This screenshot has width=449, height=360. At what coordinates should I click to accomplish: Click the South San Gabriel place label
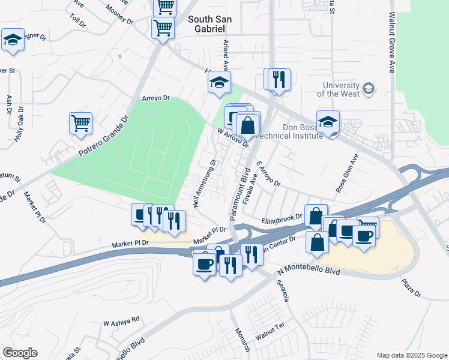point(215,25)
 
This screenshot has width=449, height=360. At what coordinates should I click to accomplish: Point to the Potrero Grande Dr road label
point(104,137)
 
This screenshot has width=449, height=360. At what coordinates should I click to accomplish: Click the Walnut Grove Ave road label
point(393,41)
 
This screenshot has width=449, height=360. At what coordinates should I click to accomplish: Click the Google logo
point(20,352)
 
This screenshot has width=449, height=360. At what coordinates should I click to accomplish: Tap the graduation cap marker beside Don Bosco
point(328,122)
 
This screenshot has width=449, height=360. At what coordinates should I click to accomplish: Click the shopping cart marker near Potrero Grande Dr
point(80,123)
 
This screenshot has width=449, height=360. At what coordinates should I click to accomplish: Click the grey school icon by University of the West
point(369,89)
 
